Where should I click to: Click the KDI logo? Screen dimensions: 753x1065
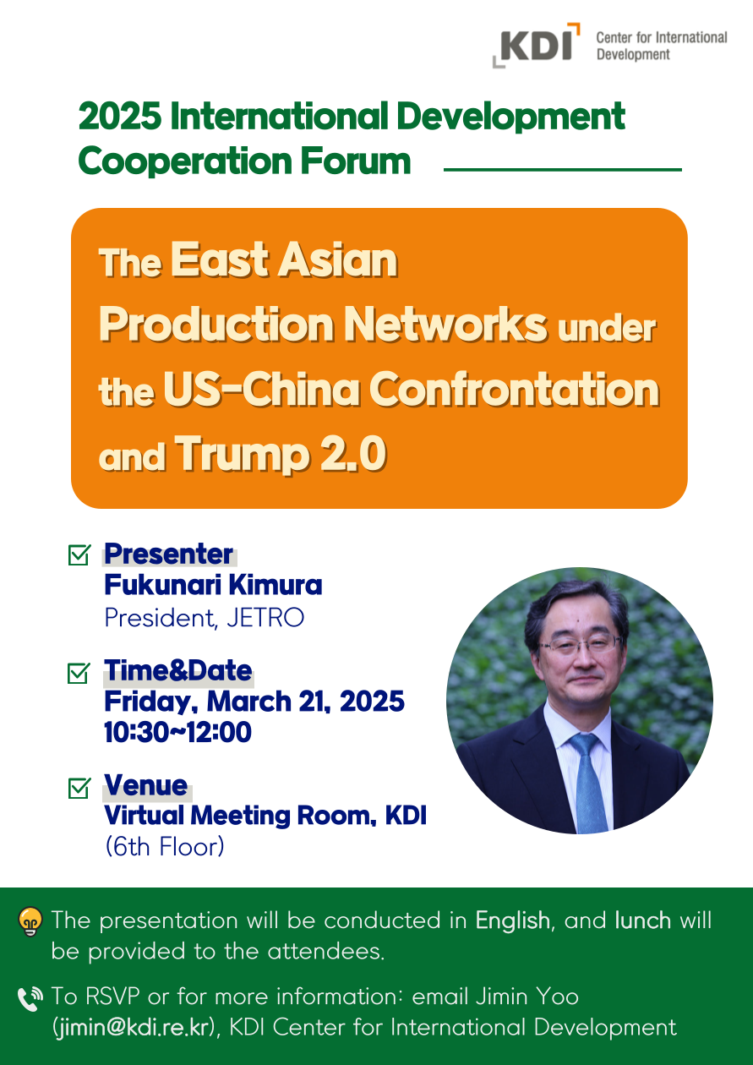[x=536, y=45]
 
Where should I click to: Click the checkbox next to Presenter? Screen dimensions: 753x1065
[x=79, y=554]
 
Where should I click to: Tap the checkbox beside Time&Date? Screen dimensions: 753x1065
[x=79, y=672]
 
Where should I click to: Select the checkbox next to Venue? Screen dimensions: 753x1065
[x=79, y=788]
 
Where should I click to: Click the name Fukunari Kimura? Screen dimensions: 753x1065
[x=213, y=585]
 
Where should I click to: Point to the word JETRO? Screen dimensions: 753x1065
[x=265, y=618]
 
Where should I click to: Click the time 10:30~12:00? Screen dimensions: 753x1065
[x=177, y=732]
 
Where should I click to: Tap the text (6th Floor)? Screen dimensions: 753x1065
[x=165, y=847]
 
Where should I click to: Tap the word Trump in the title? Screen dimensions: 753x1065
[x=243, y=454]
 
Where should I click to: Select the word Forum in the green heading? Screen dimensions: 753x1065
[x=355, y=161]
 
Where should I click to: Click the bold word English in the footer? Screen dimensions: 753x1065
[x=512, y=921]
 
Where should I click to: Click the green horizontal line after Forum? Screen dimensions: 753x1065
[x=562, y=170]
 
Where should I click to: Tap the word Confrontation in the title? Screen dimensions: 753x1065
[x=515, y=390]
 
